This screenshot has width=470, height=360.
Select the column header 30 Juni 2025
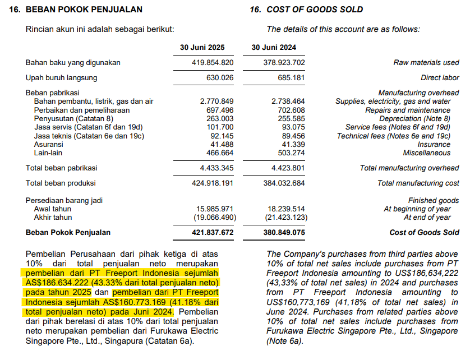[202, 47]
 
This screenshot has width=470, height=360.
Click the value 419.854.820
[212, 63]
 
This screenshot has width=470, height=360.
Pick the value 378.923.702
[284, 63]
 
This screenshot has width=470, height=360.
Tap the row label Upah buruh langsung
[61, 78]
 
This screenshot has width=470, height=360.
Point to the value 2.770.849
[216, 101]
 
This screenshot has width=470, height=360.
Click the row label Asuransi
[48, 145]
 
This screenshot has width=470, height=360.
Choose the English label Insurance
[434, 145]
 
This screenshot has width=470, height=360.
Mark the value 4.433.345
[216, 168]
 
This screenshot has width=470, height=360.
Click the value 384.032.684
[284, 183]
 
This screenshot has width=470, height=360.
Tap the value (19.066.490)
[214, 218]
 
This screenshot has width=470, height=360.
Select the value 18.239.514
[286, 209]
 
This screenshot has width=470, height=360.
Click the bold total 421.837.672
[212, 233]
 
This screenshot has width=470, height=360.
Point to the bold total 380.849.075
[284, 233]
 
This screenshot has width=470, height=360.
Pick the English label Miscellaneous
[426, 153]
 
